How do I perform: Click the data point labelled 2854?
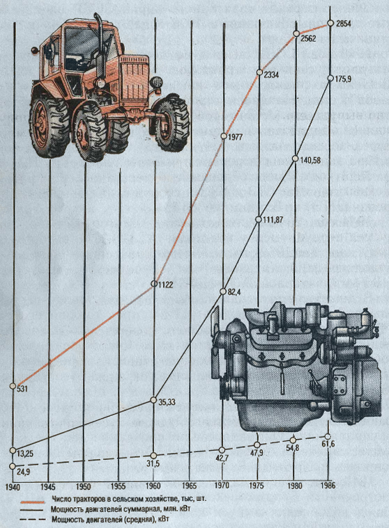point(330,23)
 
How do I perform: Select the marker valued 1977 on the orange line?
point(224,136)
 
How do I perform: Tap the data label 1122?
point(166,285)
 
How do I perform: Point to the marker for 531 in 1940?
point(13,386)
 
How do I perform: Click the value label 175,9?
point(343,79)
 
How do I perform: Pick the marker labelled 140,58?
point(295,159)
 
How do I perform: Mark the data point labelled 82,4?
point(222,291)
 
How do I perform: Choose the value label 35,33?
point(167,401)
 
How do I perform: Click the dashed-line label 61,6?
point(328,444)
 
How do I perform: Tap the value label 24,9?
point(23,472)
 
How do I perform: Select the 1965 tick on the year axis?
point(190,486)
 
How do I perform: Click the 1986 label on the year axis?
point(328,486)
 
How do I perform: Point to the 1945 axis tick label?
point(48,486)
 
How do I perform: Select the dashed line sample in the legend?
point(33,519)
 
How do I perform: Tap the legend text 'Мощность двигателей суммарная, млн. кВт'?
point(121,509)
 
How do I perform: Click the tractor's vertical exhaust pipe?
point(100,44)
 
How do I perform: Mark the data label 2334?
point(271,74)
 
